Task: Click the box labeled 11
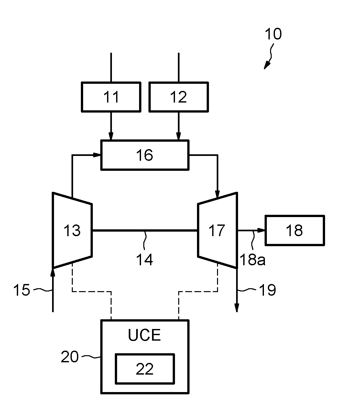click(x=111, y=97)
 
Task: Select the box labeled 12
click(x=178, y=97)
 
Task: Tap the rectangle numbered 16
click(x=145, y=155)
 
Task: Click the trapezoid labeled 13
click(x=72, y=230)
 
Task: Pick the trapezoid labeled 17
click(x=217, y=230)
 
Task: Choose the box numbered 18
click(x=294, y=230)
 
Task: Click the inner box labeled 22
click(x=145, y=369)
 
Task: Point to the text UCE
click(x=145, y=335)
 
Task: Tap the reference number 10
click(x=273, y=34)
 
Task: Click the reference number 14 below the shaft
click(x=145, y=259)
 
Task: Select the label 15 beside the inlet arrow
click(x=21, y=290)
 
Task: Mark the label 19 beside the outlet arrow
click(x=267, y=290)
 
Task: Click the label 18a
click(x=253, y=259)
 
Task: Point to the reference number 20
click(x=70, y=357)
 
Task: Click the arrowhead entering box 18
click(x=261, y=230)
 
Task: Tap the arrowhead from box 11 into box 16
click(x=111, y=137)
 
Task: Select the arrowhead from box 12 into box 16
click(x=178, y=137)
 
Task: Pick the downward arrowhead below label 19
click(x=237, y=309)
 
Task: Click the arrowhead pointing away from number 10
click(x=266, y=66)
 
